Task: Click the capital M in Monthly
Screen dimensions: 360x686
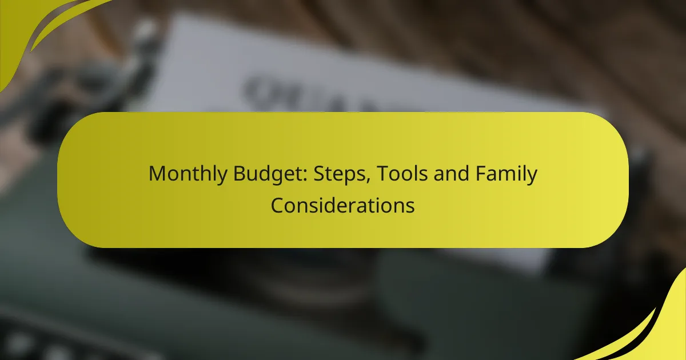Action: (156, 174)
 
